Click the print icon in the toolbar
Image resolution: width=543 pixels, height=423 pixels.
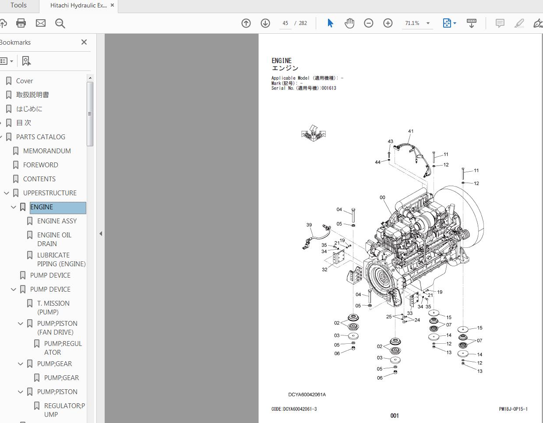21,23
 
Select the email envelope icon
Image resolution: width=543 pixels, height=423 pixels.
40,23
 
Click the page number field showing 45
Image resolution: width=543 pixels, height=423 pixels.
285,23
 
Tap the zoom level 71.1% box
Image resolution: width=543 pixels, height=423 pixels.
412,23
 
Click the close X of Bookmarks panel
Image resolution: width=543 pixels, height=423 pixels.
84,42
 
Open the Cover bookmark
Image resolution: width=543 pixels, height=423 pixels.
25,81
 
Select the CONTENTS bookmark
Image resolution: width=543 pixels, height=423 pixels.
39,179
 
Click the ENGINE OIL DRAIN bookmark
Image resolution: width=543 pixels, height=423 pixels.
54,239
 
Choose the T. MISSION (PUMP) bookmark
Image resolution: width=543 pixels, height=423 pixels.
53,307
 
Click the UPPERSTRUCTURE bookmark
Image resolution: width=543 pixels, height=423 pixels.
49,193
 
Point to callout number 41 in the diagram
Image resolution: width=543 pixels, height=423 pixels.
410,131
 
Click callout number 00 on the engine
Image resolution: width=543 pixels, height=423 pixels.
382,197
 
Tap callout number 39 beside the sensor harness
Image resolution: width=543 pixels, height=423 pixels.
309,225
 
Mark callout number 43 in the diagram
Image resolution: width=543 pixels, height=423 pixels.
390,141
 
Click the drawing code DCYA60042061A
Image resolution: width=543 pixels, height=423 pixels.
307,395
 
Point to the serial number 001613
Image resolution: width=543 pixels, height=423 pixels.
329,88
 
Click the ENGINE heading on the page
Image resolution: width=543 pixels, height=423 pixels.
282,61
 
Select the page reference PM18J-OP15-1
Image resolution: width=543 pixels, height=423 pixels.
513,409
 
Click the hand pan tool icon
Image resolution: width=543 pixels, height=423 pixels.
349,23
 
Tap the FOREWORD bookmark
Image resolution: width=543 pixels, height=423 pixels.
40,165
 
